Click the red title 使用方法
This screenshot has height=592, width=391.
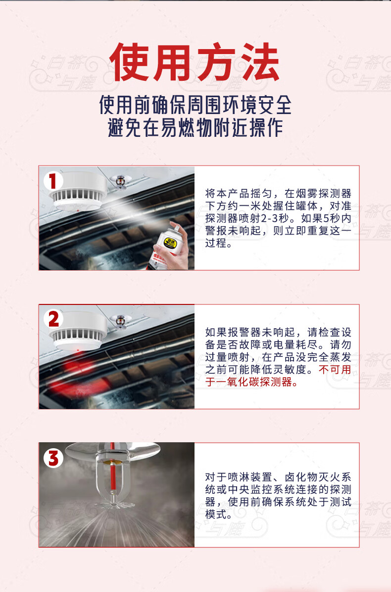tap(195, 62)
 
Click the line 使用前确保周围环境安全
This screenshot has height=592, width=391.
tap(195, 105)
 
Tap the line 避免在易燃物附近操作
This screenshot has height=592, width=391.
tap(195, 127)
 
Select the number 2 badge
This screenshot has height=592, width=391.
tap(53, 319)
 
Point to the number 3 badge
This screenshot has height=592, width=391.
tap(53, 458)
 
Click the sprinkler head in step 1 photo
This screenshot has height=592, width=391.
tap(121, 181)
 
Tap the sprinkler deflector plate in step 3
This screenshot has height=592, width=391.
tap(113, 504)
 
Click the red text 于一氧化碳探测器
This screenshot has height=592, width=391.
tap(249, 382)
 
